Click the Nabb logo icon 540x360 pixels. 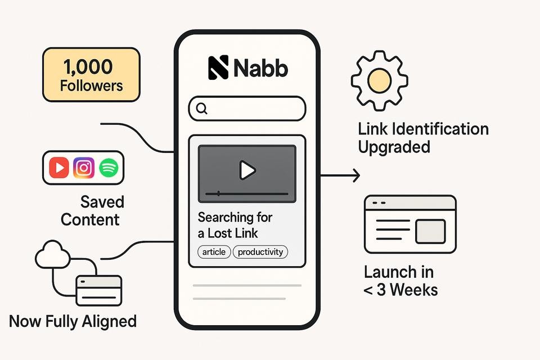[218, 67]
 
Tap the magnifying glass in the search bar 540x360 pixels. [202, 109]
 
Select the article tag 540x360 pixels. [214, 252]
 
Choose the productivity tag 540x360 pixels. [260, 252]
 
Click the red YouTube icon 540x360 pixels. [59, 168]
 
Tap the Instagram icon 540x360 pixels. [84, 168]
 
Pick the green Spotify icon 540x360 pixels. [109, 168]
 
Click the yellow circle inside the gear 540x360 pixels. [379, 80]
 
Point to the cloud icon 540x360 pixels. [53, 255]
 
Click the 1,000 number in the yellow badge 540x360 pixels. [88, 66]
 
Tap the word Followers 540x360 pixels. [91, 85]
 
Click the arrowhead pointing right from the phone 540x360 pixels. [357, 175]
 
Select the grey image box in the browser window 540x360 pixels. [430, 231]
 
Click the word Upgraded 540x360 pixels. [394, 147]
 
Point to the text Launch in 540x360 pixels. [399, 272]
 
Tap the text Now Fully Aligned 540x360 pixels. [73, 321]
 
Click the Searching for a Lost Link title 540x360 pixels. [235, 226]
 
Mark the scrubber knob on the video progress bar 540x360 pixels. [218, 193]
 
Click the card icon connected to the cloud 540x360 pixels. [99, 290]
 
